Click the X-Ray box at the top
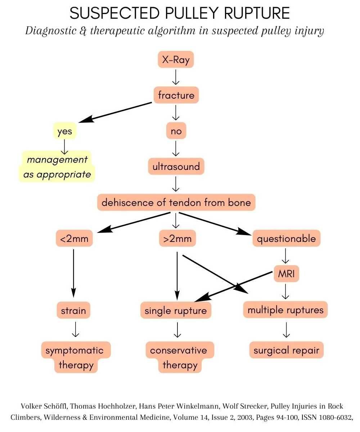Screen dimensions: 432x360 176,60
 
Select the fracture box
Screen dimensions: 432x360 176,95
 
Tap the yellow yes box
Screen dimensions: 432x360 65,131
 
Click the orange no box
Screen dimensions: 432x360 176,131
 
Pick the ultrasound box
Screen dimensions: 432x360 176,167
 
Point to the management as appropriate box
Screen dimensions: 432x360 57,167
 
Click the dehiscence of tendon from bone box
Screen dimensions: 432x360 176,202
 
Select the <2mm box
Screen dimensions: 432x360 74,239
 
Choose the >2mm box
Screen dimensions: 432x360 177,239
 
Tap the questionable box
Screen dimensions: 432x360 286,239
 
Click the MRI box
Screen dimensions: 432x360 286,274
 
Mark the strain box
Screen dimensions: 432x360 73,310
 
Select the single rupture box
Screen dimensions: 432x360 176,310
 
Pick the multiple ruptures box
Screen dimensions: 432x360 285,310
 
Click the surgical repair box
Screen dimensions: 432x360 286,350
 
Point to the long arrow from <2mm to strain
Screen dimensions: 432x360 73,270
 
